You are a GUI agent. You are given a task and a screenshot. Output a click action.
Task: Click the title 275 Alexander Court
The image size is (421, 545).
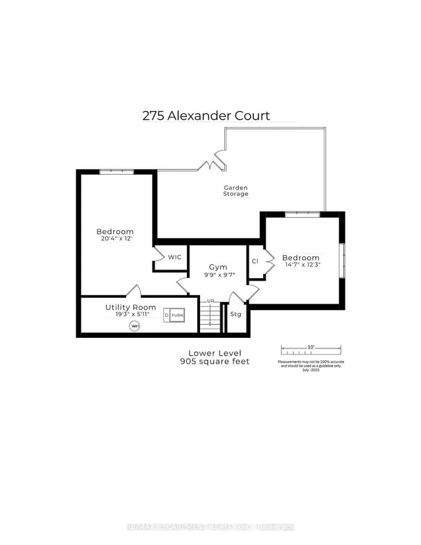click(x=206, y=116)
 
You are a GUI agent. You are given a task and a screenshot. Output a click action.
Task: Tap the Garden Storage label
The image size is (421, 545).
click(x=234, y=191)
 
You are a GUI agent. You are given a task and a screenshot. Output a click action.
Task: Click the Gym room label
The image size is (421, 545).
click(x=218, y=267)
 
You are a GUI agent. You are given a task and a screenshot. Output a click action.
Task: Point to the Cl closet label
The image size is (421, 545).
click(x=255, y=261)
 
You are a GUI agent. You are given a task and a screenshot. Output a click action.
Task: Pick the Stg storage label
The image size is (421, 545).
click(x=235, y=314)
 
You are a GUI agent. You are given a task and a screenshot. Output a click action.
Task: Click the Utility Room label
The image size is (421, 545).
click(x=131, y=307)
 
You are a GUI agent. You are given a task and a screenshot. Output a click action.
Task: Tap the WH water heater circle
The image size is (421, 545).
click(x=135, y=326)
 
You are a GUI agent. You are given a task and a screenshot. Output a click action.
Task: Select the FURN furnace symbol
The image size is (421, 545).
click(x=174, y=316)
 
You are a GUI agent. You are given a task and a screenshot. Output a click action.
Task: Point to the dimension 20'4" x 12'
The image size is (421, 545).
click(x=115, y=240)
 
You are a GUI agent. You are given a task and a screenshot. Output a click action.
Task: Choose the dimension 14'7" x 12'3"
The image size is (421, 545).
click(x=301, y=266)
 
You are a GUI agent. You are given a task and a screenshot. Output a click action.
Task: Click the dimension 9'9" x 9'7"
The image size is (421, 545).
click(x=218, y=275)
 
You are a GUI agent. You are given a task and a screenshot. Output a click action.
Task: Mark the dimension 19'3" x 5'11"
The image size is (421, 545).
click(x=131, y=316)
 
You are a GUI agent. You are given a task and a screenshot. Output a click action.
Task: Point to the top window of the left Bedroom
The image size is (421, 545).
click(x=116, y=172)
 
